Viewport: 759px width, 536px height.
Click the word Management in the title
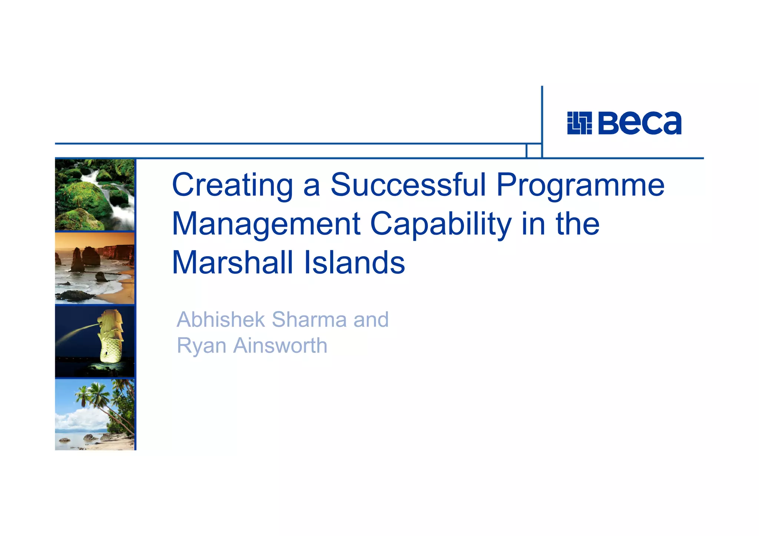(x=266, y=224)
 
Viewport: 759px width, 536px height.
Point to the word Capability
(x=440, y=224)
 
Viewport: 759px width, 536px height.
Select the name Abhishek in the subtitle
(x=221, y=319)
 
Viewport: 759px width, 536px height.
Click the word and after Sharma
(x=371, y=319)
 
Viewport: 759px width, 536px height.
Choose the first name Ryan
(x=201, y=346)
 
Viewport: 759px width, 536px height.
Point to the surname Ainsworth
(x=280, y=346)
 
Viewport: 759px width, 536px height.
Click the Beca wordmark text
(x=640, y=123)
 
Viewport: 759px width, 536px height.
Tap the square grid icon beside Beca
(x=579, y=123)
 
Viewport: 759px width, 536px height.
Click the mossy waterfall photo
(x=95, y=195)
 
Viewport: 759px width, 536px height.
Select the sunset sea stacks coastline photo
(x=95, y=268)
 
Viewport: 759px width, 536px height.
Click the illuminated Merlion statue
(x=110, y=337)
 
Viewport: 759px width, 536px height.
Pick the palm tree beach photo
(x=95, y=414)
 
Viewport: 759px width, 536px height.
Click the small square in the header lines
(x=534, y=151)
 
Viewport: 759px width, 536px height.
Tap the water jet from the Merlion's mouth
(x=76, y=333)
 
